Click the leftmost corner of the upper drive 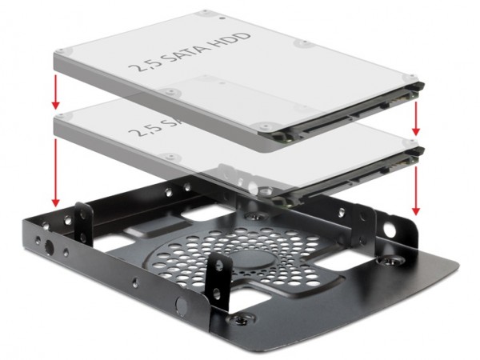coord(54,53)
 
